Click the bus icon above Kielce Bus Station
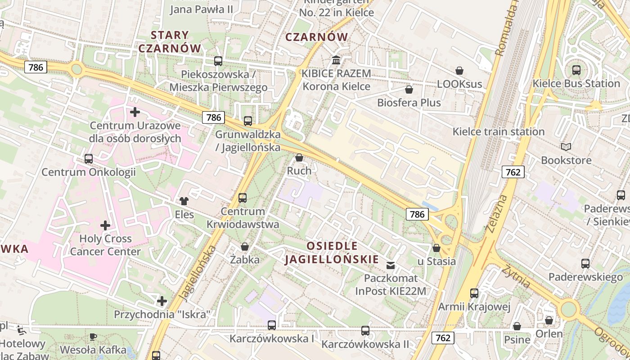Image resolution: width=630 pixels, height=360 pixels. pyautogui.click(x=576, y=70)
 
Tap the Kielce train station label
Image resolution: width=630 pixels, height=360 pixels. pyautogui.click(x=498, y=132)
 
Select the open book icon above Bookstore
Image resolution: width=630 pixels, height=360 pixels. pyautogui.click(x=566, y=147)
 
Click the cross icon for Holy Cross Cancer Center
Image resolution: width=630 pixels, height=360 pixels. pyautogui.click(x=105, y=225)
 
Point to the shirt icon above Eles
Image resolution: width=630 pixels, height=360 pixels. pyautogui.click(x=184, y=201)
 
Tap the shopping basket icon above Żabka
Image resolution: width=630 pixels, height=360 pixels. pyautogui.click(x=245, y=247)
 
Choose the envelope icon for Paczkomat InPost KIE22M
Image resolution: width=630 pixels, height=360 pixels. pyautogui.click(x=390, y=265)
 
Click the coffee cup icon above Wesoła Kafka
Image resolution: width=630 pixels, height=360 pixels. pyautogui.click(x=93, y=337)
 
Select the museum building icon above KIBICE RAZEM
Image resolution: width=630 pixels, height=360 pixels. pyautogui.click(x=336, y=60)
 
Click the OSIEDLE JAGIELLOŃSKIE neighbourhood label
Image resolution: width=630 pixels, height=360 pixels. pyautogui.click(x=332, y=252)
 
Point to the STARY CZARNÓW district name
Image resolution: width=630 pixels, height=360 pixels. pyautogui.click(x=170, y=41)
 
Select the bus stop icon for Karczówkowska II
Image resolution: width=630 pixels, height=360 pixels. pyautogui.click(x=365, y=331)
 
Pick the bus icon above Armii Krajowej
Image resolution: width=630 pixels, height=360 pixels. pyautogui.click(x=474, y=293)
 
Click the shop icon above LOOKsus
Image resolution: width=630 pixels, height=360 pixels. pyautogui.click(x=459, y=71)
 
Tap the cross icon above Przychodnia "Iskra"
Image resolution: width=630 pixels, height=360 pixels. pyautogui.click(x=162, y=301)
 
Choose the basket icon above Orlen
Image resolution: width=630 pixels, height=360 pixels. pyautogui.click(x=549, y=320)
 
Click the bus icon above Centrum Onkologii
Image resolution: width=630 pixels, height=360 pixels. pyautogui.click(x=89, y=159)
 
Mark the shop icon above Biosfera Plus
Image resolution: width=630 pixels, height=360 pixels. pyautogui.click(x=409, y=90)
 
